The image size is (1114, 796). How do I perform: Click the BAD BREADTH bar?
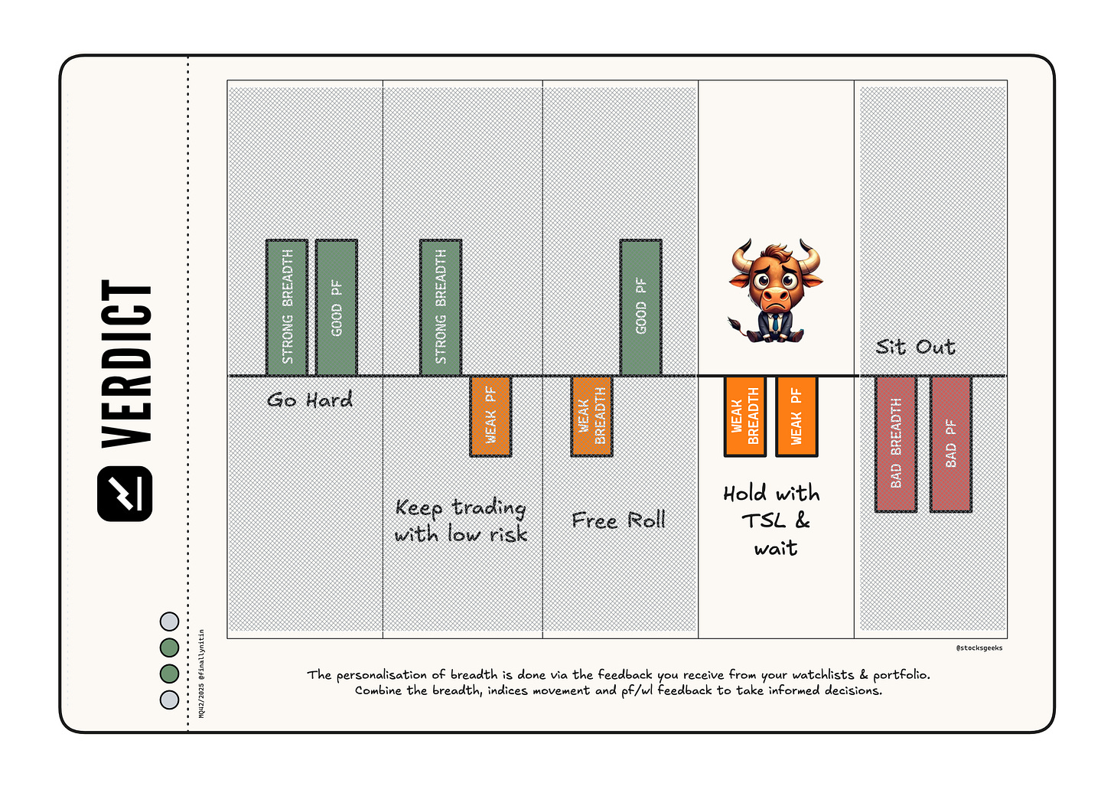click(x=896, y=444)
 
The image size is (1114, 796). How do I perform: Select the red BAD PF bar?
click(x=951, y=444)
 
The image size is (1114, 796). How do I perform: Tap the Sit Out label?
click(x=915, y=347)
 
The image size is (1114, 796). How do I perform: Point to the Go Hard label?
click(x=310, y=400)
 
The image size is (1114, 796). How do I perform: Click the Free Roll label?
click(x=618, y=520)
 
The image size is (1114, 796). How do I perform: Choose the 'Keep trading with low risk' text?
click(x=461, y=520)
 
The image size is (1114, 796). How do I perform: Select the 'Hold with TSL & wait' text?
click(x=773, y=520)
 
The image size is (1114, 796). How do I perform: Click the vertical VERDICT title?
click(x=127, y=363)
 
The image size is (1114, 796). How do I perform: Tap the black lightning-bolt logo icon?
click(x=125, y=494)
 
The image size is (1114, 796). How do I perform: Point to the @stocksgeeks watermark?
click(x=979, y=648)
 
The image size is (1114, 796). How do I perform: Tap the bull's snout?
click(x=775, y=295)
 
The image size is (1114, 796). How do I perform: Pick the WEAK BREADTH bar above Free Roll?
click(x=591, y=416)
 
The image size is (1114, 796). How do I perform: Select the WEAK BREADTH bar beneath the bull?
click(x=745, y=416)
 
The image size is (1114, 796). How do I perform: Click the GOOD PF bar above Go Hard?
click(x=337, y=308)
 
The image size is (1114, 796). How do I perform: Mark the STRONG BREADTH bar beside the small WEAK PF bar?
click(x=441, y=308)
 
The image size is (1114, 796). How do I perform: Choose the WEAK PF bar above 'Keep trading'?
click(x=490, y=416)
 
